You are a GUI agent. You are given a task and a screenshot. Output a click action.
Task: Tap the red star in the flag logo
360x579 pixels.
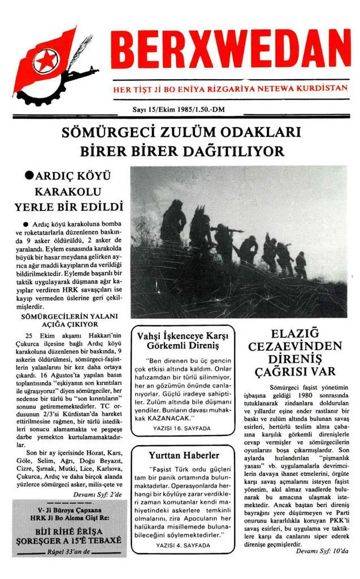click(x=44, y=61)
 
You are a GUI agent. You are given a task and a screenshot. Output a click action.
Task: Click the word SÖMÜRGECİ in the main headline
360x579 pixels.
click(x=102, y=134)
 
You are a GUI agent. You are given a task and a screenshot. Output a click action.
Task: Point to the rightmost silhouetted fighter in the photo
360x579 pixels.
click(x=301, y=264)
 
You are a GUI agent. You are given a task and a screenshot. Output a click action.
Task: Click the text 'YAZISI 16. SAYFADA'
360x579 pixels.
click(x=181, y=429)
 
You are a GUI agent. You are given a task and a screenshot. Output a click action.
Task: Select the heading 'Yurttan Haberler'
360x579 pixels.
click(x=184, y=455)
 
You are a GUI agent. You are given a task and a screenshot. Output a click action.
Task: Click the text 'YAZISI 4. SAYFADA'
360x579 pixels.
click(x=183, y=546)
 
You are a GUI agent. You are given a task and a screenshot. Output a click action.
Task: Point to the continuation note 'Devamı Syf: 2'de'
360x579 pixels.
click(x=99, y=494)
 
